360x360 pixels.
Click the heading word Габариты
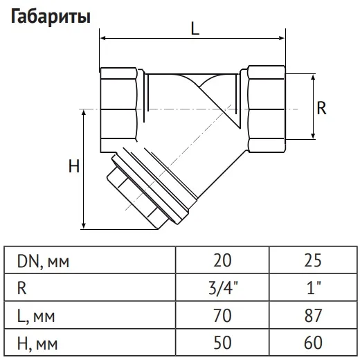(x=51, y=17)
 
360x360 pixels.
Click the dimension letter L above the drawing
(x=195, y=29)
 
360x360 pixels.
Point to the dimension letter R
(x=321, y=108)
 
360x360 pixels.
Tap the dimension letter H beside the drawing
(x=74, y=166)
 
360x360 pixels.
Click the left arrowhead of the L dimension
(x=103, y=38)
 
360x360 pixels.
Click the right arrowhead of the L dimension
(x=282, y=38)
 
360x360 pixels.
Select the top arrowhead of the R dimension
(x=313, y=78)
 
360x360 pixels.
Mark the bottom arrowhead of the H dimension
(x=84, y=226)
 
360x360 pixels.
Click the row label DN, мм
(x=43, y=262)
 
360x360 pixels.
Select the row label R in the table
(x=22, y=288)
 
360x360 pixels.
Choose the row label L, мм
(x=36, y=316)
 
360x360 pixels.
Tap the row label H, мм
(x=37, y=343)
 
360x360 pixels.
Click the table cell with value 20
(x=222, y=260)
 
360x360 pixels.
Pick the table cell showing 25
(x=313, y=260)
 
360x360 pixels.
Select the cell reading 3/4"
(x=222, y=288)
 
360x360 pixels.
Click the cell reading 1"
(x=314, y=288)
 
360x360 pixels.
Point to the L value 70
(x=222, y=316)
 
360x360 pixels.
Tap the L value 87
(x=313, y=316)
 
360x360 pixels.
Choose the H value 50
(x=222, y=343)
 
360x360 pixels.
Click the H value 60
(x=313, y=343)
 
